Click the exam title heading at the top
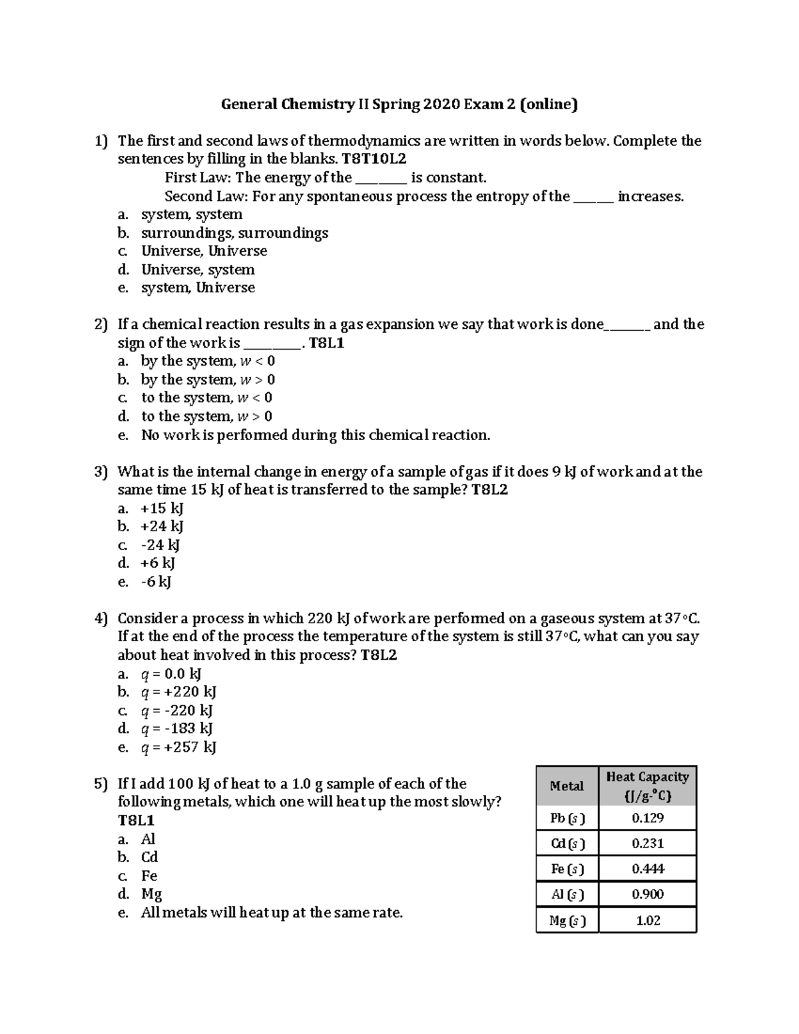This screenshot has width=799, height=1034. coord(399,104)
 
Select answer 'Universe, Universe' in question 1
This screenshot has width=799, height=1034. coord(204,251)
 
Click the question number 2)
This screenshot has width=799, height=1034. coord(101,324)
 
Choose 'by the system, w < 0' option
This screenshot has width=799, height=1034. coord(207,361)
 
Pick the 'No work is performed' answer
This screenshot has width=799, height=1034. coord(315,435)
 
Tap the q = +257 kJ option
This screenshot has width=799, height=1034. coord(178,747)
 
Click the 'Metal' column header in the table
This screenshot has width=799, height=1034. coord(567,786)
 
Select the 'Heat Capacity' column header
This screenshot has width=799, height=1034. coord(647,786)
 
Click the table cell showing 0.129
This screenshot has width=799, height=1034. coord(647,818)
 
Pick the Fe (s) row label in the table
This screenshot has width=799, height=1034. coord(567,869)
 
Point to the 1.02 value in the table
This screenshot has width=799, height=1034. coord(647,920)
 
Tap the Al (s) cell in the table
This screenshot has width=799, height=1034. coord(567,894)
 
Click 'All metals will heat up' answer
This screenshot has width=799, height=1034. coord(272,912)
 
